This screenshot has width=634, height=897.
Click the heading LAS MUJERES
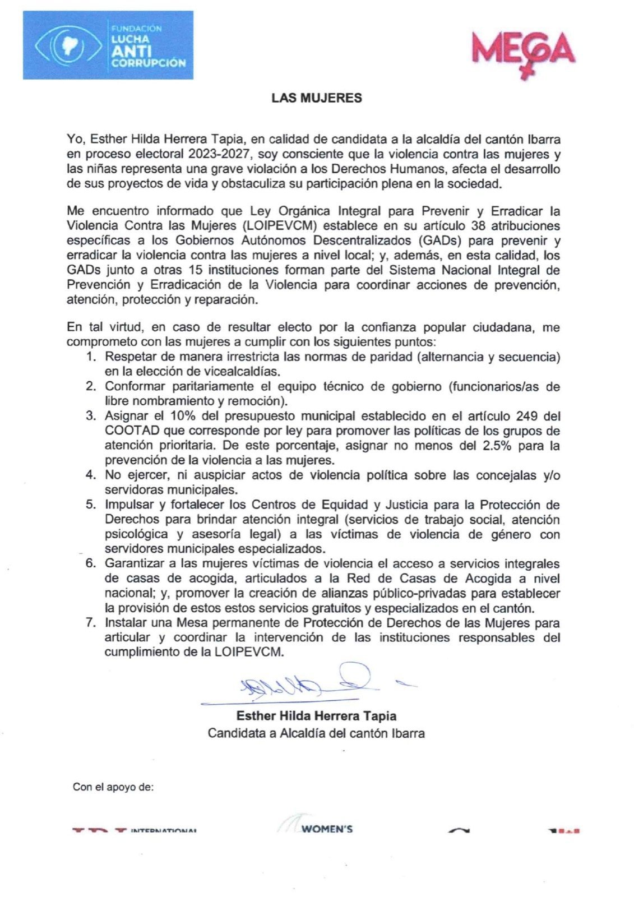point(317,98)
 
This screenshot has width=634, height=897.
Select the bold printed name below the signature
point(316,716)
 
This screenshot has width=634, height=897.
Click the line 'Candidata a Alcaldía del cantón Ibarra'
point(316,733)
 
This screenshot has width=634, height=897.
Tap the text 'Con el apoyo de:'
point(113,787)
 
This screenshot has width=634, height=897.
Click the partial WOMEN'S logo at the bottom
point(320,827)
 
